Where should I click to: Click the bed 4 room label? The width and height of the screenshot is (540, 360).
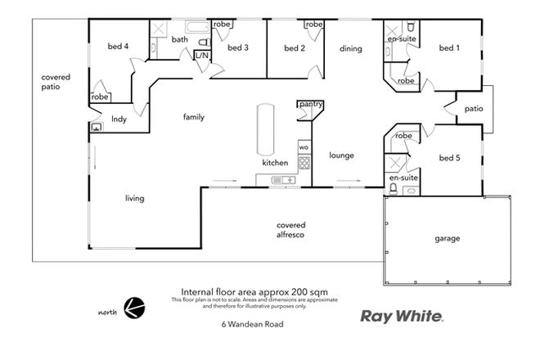coord(119,46)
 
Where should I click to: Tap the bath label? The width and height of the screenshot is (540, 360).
coord(180,39)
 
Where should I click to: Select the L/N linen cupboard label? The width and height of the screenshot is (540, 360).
coord(201,56)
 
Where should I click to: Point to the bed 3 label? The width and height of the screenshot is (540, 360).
coord(237,47)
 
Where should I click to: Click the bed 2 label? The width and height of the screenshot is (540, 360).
coord(295,48)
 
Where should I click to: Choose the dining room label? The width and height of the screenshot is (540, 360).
coord(351,48)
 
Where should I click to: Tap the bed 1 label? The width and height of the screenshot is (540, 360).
coord(449,48)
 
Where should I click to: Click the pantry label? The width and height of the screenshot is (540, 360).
coord(310,105)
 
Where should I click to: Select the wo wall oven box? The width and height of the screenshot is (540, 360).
coord(303,146)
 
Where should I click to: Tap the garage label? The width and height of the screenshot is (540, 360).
coord(447,239)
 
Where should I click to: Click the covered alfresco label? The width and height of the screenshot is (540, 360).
coord(291,229)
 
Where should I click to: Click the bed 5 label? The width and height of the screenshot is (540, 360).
coord(449,158)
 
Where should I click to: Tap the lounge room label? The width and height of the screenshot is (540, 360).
coord(340,154)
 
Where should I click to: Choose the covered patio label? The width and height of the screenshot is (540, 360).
coord(56,82)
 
